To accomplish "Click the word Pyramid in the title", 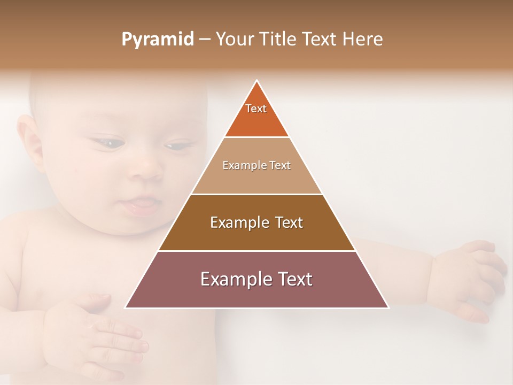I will click(x=157, y=40).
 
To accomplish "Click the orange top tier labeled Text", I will click(x=256, y=115).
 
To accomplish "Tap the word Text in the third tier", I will click(x=285, y=222).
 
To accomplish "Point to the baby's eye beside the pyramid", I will click(x=176, y=145).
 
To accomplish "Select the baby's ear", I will click(x=29, y=141).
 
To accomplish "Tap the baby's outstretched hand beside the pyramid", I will click(x=470, y=278).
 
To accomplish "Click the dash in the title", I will click(x=205, y=40).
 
